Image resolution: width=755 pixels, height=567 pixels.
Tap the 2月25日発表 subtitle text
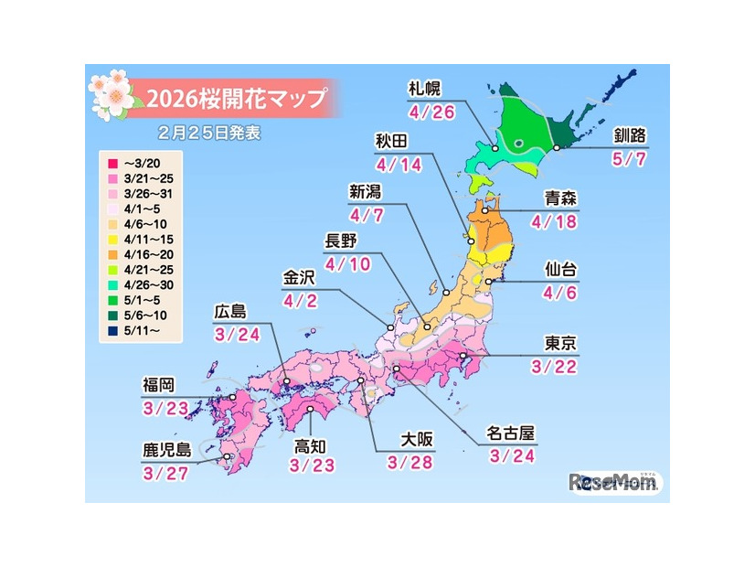[208, 132]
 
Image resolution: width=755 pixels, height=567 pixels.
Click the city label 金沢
[303, 276]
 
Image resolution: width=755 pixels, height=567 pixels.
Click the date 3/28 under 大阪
[409, 465]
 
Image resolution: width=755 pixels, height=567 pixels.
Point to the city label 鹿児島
[166, 451]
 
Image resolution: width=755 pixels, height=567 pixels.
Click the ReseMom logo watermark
[615, 482]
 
